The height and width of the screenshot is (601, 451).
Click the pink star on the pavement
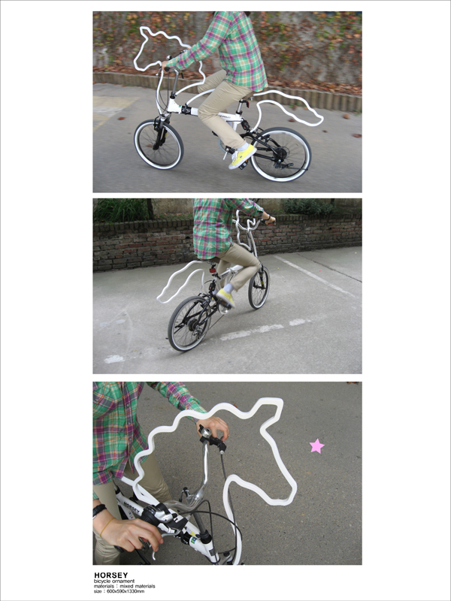tap(316, 445)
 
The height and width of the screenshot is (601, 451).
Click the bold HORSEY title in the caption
tap(110, 575)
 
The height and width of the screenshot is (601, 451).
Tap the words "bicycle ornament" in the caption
tap(114, 581)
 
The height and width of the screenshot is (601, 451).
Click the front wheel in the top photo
tap(159, 144)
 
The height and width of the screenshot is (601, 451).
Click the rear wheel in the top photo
tap(280, 154)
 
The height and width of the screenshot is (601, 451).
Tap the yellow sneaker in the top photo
tap(242, 156)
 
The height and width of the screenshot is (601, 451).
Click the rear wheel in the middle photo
tap(189, 323)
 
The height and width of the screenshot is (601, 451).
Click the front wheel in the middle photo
tap(259, 288)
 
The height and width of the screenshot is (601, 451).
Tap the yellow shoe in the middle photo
tap(225, 297)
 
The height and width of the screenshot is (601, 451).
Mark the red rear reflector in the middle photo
tap(213, 269)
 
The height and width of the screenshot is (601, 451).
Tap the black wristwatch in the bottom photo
tap(99, 511)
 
